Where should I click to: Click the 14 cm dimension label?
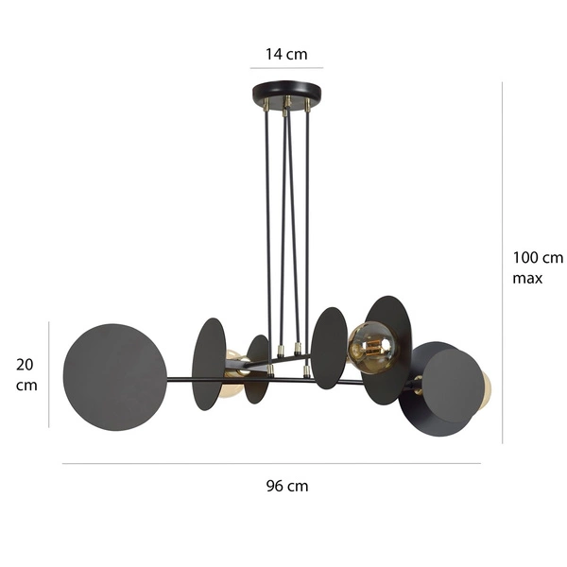tap(286, 54)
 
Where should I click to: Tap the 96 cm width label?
tap(287, 487)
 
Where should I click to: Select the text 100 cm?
tap(538, 257)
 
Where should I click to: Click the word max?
tap(527, 279)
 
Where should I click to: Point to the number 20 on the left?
tap(26, 364)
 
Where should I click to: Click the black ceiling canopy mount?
tap(286, 94)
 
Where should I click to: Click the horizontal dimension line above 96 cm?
tap(271, 463)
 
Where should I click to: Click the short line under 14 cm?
tap(286, 68)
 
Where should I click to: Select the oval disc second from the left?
tap(209, 364)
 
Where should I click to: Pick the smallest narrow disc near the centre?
tap(257, 369)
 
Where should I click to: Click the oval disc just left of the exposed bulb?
tap(329, 348)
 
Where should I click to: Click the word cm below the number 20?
tap(26, 386)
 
